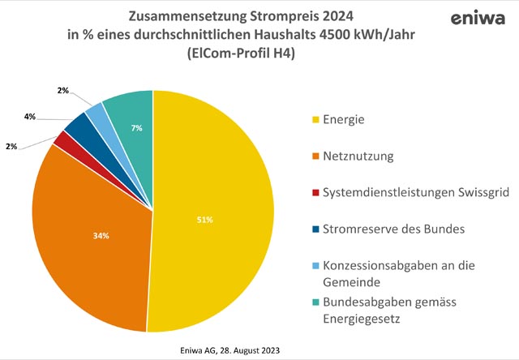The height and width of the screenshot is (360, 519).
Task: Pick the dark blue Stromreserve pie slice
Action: click(x=78, y=124)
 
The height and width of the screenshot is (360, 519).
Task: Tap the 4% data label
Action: click(x=29, y=117)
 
